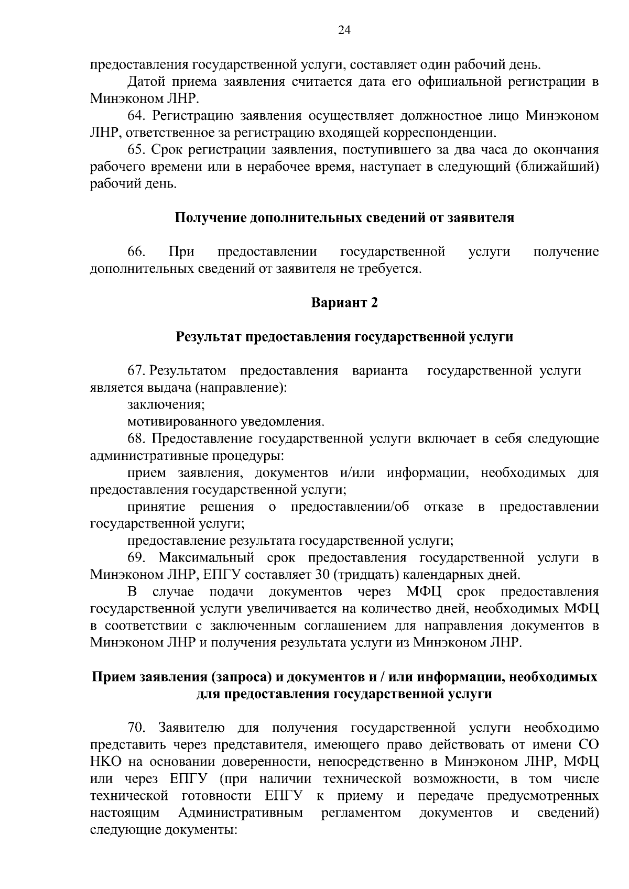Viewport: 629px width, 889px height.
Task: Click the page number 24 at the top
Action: [344, 29]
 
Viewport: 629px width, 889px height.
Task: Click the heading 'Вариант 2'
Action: [344, 303]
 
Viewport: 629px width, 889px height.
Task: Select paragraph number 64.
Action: [136, 115]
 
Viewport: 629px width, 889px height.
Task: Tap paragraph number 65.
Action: [136, 150]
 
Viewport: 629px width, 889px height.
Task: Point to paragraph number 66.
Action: [136, 251]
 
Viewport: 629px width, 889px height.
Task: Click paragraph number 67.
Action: [136, 371]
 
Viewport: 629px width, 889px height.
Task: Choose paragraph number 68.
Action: [136, 438]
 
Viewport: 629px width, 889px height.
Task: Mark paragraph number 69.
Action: [136, 557]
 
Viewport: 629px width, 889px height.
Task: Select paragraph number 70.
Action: [136, 727]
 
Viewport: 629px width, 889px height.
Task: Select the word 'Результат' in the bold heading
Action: [209, 337]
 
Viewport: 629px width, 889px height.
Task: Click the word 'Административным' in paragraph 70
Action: [241, 813]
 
